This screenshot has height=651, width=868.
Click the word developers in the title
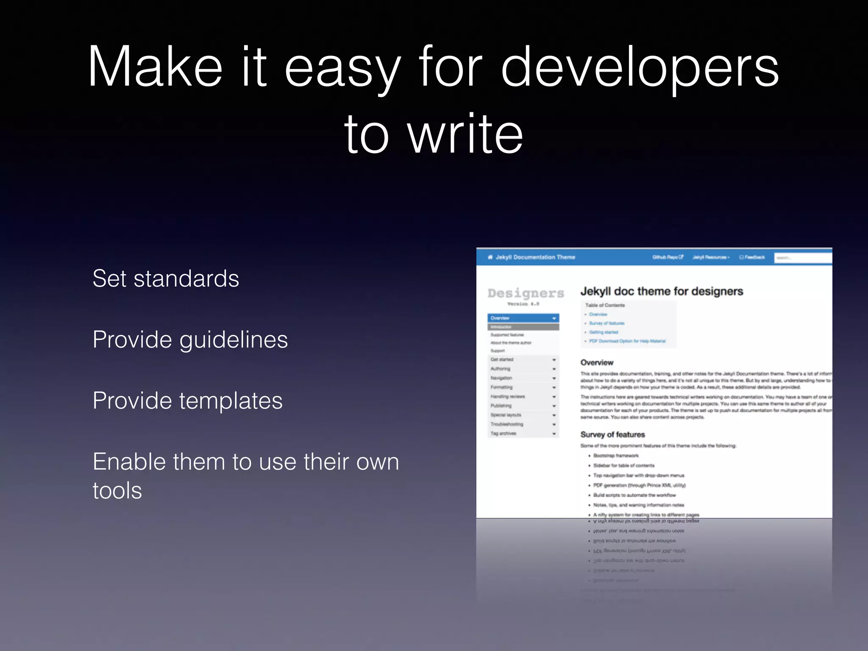point(640,68)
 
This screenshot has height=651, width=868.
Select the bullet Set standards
point(166,279)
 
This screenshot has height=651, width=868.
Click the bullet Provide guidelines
point(190,340)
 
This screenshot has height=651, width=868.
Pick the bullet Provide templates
point(187,401)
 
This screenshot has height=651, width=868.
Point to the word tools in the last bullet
point(117,491)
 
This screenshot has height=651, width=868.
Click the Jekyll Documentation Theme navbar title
point(535,257)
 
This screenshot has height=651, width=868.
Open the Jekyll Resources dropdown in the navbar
point(711,257)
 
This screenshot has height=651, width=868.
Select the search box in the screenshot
point(802,258)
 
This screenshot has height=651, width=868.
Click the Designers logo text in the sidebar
point(526,293)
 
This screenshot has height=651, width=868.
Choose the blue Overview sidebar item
point(523,318)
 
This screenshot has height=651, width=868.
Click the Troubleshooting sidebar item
point(507,424)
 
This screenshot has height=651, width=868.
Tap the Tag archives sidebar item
point(504,434)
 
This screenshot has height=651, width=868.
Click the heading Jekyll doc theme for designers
point(662,292)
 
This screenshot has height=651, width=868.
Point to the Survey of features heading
point(612,434)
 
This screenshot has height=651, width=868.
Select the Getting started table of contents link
point(604,332)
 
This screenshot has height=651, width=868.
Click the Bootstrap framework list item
point(616,456)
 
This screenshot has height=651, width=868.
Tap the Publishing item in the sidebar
point(501,406)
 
